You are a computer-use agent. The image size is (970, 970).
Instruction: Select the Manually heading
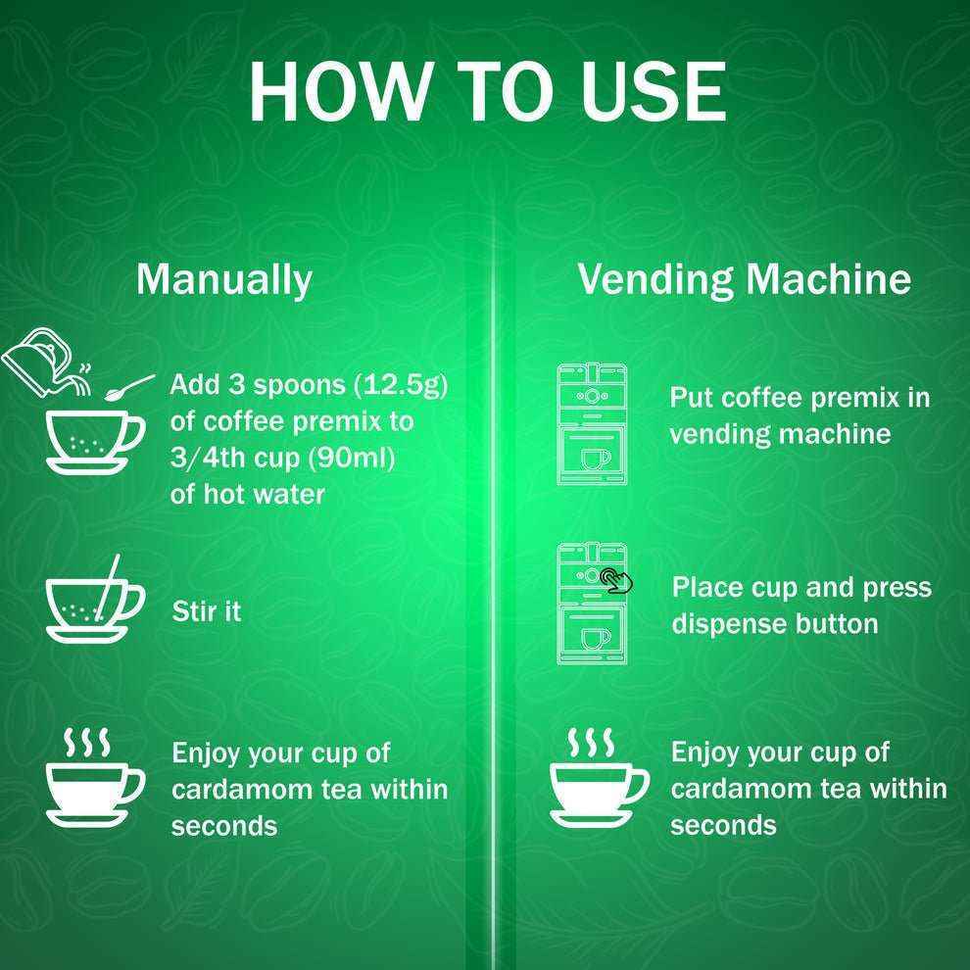(x=223, y=279)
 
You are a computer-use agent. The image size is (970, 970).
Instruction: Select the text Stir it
(x=206, y=612)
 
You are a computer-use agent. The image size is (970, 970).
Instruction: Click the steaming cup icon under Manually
(x=94, y=780)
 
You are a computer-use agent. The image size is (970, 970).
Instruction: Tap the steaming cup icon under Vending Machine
(x=597, y=780)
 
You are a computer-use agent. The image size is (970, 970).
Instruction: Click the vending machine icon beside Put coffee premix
(x=592, y=425)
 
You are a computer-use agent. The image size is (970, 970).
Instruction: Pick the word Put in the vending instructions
(x=690, y=398)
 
